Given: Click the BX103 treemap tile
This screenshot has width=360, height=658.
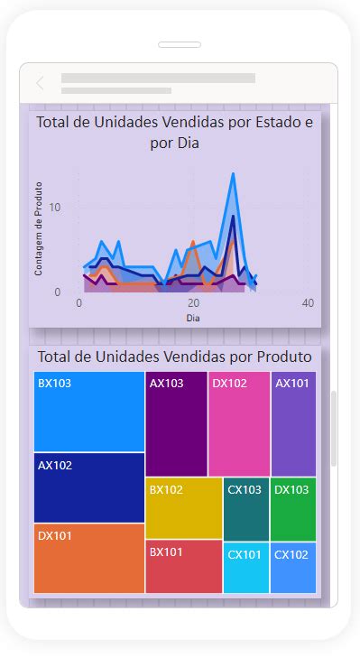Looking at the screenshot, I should pos(89,412).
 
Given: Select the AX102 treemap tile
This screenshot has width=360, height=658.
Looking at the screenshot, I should pos(89,487).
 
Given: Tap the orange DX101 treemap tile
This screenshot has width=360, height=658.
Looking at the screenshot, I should pos(89,558).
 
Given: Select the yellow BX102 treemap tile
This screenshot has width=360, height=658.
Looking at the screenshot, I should pos(183,508).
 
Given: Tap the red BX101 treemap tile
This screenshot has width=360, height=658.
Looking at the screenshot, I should pos(183,566).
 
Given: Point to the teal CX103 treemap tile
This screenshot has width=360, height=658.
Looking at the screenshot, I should pos(246,508).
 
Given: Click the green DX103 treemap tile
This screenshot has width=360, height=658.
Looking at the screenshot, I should pos(293,508).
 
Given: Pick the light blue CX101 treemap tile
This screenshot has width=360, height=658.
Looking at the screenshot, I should pos(246,568).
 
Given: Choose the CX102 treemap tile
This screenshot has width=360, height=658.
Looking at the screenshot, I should pos(293,568).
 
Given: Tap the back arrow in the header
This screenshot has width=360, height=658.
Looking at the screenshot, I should pos(40,84).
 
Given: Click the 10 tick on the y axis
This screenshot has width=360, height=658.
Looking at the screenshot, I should pos(55,208).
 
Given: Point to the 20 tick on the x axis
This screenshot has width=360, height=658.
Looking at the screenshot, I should pos(193,303).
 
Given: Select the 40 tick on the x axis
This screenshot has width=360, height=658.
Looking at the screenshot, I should pos(308,303).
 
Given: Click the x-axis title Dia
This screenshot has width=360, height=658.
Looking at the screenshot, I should pos(193,318).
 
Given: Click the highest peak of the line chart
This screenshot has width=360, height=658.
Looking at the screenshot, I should pos(233,174).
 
